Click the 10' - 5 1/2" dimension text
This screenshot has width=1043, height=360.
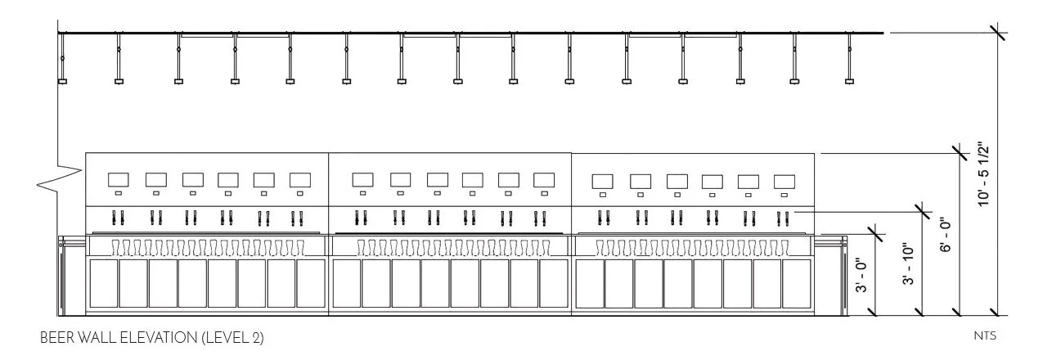(x=984, y=174)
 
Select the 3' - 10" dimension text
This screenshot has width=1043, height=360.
(x=907, y=264)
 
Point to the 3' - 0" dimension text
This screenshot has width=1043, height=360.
(x=861, y=276)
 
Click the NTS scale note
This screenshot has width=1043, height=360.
(x=984, y=335)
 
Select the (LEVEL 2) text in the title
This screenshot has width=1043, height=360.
(x=232, y=337)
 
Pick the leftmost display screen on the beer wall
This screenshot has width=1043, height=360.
(x=119, y=179)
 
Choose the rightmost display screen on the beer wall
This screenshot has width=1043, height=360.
(x=784, y=181)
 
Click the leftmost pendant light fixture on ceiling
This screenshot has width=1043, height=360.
(x=62, y=80)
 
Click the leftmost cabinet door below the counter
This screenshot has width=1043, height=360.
(x=103, y=283)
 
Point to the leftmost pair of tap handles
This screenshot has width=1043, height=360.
(x=118, y=218)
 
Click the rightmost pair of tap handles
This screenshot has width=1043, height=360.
(x=783, y=218)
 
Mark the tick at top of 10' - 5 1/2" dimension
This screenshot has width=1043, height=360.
(x=997, y=33)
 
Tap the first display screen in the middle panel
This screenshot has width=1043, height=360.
(x=362, y=179)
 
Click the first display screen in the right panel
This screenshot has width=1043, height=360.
(x=603, y=181)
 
